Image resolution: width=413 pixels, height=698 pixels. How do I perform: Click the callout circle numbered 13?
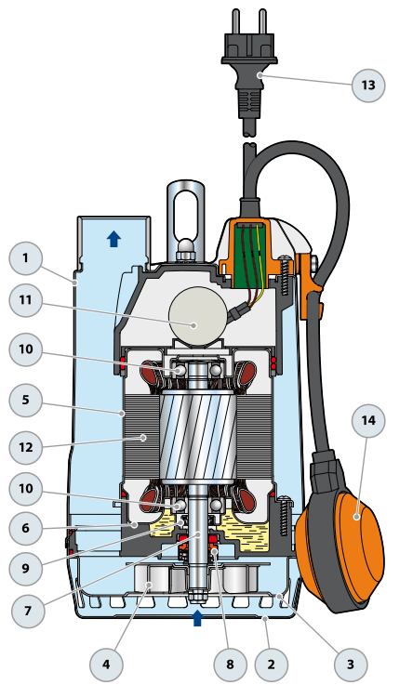pyautogui.click(x=368, y=85)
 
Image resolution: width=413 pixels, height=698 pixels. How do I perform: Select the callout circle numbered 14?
pyautogui.click(x=368, y=421)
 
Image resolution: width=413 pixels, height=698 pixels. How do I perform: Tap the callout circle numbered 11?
pyautogui.click(x=26, y=300)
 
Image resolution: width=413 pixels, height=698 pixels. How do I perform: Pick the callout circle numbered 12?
pyautogui.click(x=26, y=446)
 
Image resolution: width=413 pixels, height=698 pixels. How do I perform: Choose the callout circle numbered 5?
pyautogui.click(x=26, y=400)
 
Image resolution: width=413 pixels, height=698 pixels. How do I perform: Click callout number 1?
pyautogui.click(x=26, y=258)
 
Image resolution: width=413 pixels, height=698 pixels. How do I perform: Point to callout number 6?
pyautogui.click(x=26, y=529)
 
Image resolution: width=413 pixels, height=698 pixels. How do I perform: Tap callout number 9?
pyautogui.click(x=26, y=569)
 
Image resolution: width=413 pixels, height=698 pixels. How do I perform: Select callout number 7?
pyautogui.click(x=28, y=611)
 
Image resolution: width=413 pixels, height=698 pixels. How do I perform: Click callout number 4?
pyautogui.click(x=106, y=665)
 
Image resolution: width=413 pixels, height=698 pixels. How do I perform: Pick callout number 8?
pyautogui.click(x=230, y=665)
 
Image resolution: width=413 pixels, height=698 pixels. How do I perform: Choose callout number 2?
pyautogui.click(x=272, y=665)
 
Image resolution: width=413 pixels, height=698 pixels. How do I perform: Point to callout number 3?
pyautogui.click(x=351, y=665)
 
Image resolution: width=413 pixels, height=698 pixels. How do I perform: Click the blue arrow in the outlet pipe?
pyautogui.click(x=114, y=239)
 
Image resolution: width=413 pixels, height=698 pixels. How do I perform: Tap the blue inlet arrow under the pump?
pyautogui.click(x=197, y=618)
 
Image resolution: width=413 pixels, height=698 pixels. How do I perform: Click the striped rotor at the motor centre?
pyautogui.click(x=198, y=436)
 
